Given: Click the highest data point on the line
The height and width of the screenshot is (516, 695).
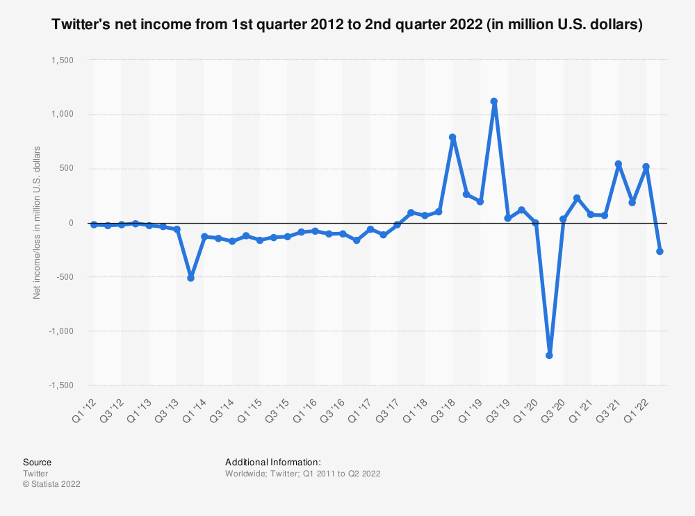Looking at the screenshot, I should [494, 101].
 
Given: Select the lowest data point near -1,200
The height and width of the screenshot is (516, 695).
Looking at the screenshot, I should [549, 356].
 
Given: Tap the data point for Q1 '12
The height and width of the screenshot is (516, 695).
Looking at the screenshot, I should [94, 224].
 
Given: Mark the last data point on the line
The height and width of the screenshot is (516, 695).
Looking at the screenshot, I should [660, 251].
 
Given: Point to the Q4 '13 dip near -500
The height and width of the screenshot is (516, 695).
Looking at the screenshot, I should [190, 278].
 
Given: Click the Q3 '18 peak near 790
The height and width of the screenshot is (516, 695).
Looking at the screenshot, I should [452, 138].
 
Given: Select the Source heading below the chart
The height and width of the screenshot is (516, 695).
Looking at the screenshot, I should [37, 462].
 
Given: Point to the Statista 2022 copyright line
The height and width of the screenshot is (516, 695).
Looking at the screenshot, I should [51, 484].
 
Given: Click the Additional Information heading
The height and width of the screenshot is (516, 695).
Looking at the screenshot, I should [272, 462].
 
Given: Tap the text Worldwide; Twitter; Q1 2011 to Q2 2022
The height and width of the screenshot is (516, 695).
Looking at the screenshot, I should [302, 473].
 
